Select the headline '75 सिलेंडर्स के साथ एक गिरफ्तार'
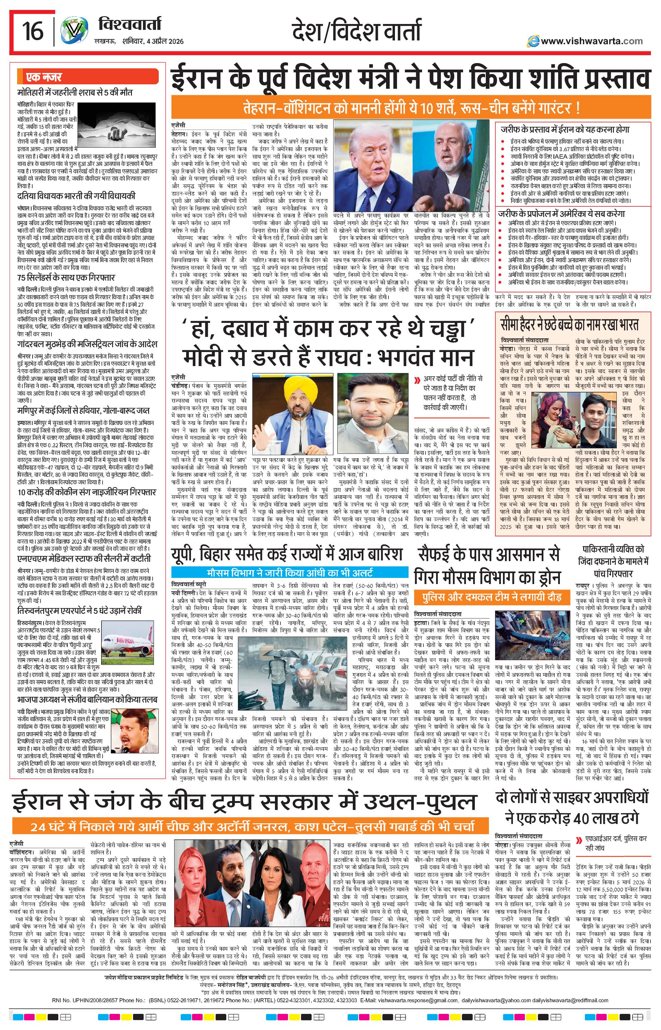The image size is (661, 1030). tap(66, 278)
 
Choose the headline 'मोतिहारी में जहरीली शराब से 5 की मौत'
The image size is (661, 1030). tap(75, 93)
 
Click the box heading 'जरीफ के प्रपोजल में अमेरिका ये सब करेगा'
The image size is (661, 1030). tap(562, 213)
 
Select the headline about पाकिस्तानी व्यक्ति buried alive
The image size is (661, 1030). tap(613, 561)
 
